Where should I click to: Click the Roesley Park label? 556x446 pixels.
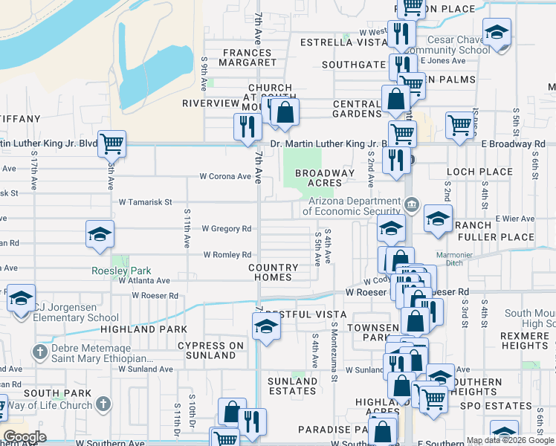tap(120, 271)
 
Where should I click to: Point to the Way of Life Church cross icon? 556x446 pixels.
tap(103, 404)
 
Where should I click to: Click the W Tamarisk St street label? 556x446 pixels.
tap(145, 201)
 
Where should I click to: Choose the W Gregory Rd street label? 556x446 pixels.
tap(226, 229)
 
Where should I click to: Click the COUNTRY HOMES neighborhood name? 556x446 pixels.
tap(273, 272)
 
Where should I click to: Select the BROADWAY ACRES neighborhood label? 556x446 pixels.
tap(325, 178)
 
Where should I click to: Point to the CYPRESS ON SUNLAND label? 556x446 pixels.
tap(211, 350)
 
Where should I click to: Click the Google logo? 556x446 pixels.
tap(25, 437)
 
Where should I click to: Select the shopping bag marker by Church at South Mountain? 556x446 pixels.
tap(285, 112)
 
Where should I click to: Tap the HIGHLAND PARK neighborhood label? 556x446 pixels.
tap(138, 329)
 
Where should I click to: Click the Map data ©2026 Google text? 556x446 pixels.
tap(510, 440)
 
